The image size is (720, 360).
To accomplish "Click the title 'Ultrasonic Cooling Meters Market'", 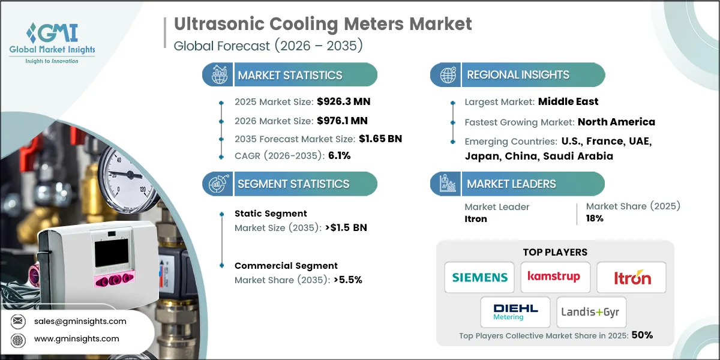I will click(323, 24).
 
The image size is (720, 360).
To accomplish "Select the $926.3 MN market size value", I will click(339, 102).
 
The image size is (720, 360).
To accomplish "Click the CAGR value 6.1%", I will click(338, 155).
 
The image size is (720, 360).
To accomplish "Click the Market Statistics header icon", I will click(217, 75).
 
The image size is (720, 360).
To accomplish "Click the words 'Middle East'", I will click(568, 102).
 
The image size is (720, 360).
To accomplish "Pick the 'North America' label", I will click(616, 122).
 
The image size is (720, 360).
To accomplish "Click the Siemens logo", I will click(479, 277).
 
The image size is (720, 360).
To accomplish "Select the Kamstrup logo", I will click(555, 277).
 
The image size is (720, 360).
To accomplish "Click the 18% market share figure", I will click(595, 219).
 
